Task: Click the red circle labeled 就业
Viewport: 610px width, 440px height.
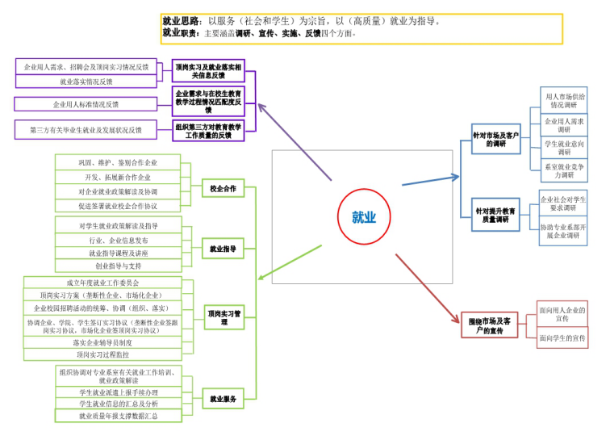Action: pyautogui.click(x=364, y=216)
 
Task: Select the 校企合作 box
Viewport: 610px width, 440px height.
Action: pyautogui.click(x=223, y=189)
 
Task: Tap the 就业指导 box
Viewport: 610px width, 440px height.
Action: pyautogui.click(x=223, y=250)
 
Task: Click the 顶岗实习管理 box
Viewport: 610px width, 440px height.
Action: pyautogui.click(x=224, y=317)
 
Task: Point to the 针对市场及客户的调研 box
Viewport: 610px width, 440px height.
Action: pyautogui.click(x=495, y=139)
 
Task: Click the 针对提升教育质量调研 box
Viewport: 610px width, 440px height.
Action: pyautogui.click(x=495, y=214)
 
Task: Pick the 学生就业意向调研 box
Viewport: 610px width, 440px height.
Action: pyautogui.click(x=563, y=147)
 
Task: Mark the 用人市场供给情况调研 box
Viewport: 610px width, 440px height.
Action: pyautogui.click(x=563, y=100)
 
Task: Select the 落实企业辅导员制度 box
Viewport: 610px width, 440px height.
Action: pyautogui.click(x=102, y=342)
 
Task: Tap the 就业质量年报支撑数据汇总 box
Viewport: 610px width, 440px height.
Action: pyautogui.click(x=118, y=416)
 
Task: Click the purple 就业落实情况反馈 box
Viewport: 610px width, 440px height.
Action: pyautogui.click(x=86, y=82)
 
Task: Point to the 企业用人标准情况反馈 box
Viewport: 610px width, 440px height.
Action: pyautogui.click(x=86, y=104)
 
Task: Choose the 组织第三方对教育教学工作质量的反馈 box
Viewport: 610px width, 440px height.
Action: pyautogui.click(x=209, y=131)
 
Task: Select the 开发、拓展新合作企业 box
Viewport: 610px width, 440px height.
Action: pyautogui.click(x=118, y=177)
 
